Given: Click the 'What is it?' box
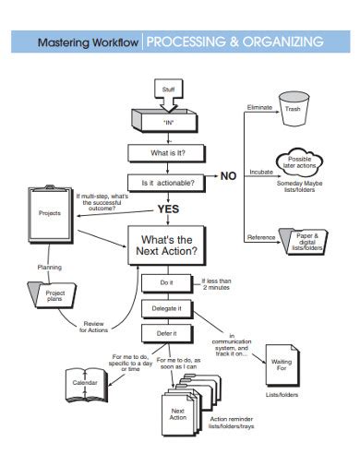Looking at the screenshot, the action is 167,153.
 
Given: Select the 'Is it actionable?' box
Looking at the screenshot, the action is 167,183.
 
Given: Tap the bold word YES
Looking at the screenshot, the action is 168,209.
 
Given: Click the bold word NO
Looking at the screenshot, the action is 228,176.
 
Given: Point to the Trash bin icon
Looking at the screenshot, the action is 294,109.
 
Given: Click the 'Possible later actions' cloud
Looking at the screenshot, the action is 299,162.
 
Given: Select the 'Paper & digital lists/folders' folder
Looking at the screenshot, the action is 304,242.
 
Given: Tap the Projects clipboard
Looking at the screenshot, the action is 50,214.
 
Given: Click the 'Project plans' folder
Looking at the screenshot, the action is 52,295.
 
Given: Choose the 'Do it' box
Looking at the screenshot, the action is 167,283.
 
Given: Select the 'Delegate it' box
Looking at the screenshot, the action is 167,309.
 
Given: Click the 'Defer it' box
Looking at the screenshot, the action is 167,334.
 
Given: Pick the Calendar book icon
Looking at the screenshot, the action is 87,385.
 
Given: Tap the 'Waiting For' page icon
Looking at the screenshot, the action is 282,365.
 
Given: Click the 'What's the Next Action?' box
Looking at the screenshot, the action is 167,245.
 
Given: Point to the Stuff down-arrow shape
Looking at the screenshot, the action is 168,95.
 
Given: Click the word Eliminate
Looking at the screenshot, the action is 259,107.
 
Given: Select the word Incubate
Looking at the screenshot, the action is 261,172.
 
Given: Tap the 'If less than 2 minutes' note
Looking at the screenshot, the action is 216,284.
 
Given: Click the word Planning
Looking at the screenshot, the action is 50,268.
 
